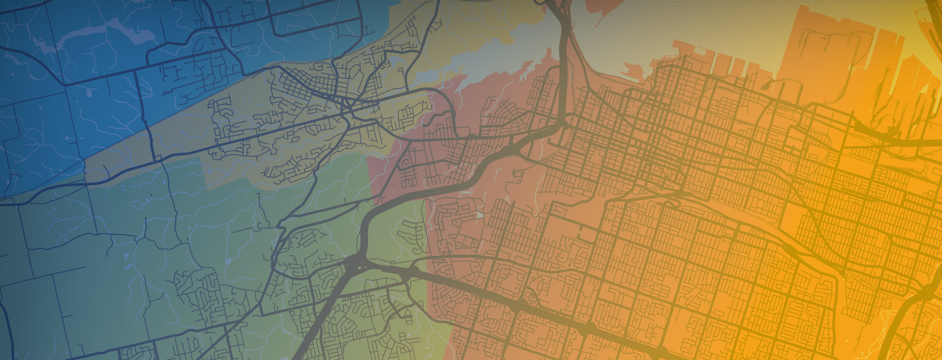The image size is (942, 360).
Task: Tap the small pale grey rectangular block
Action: [480, 215]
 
